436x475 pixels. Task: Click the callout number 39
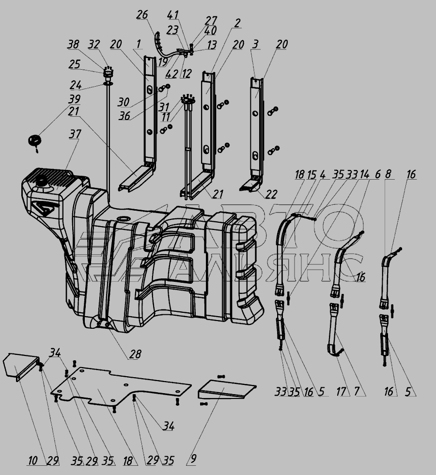(x=74, y=99)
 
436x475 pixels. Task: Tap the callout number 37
(x=75, y=134)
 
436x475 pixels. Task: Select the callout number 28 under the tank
(x=135, y=354)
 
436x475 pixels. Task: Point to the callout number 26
(x=142, y=14)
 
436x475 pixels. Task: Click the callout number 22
(x=271, y=194)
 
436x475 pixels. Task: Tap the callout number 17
(x=341, y=391)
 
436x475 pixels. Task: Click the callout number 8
(x=388, y=174)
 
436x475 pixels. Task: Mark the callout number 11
(x=165, y=117)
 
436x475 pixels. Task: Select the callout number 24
(x=76, y=85)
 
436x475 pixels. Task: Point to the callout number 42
(x=171, y=74)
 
